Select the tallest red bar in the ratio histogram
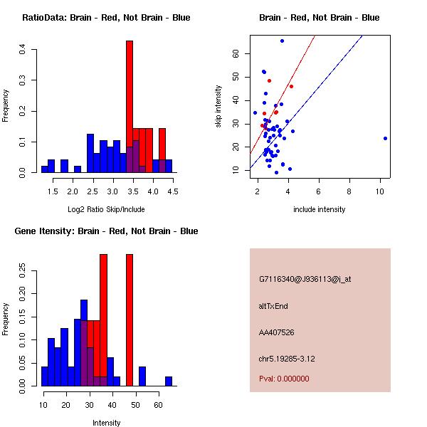tap(130, 107)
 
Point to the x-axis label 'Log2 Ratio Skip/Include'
tap(106, 209)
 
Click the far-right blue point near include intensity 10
tap(385, 138)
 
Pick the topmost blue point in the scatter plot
tap(282, 41)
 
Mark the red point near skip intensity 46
tap(291, 86)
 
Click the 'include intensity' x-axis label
tap(319, 209)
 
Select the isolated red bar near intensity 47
tap(130, 320)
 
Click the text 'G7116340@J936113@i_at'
tap(305, 279)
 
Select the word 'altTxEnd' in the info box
tap(273, 306)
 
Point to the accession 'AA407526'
tap(277, 332)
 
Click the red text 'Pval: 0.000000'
tap(284, 379)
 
